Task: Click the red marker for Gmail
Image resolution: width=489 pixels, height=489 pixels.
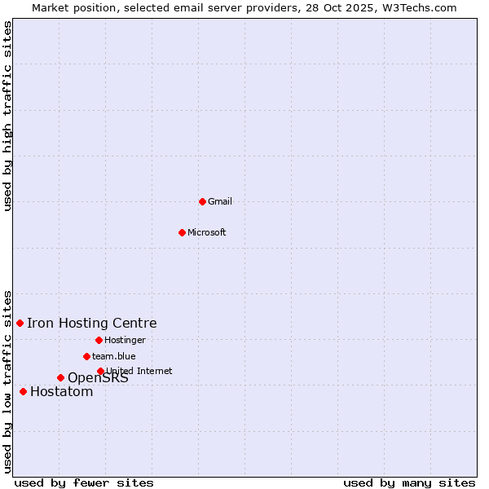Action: (x=202, y=201)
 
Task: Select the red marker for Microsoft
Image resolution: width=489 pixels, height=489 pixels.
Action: (x=182, y=232)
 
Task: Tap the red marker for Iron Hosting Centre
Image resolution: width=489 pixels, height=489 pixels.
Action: (x=20, y=324)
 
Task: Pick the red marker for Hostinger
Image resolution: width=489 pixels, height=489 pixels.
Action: (x=99, y=340)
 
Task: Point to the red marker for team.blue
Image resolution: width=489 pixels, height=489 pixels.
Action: (x=86, y=356)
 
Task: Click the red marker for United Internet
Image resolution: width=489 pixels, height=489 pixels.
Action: (x=100, y=371)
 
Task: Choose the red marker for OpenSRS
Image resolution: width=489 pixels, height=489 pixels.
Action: (x=60, y=377)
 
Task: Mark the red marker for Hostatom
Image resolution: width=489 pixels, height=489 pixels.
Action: (x=23, y=392)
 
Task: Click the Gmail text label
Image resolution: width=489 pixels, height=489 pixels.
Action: (x=220, y=202)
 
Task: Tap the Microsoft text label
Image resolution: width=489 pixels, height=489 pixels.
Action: (x=207, y=233)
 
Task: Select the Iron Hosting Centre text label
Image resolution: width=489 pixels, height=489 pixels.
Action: (x=91, y=324)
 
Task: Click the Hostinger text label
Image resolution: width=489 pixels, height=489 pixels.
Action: (x=125, y=341)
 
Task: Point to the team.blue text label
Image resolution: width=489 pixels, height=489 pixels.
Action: (x=114, y=357)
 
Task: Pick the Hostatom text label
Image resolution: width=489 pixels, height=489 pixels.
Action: (x=62, y=392)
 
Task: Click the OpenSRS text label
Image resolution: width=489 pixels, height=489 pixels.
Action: (x=98, y=378)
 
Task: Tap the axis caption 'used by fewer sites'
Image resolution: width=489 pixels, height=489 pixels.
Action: (x=84, y=482)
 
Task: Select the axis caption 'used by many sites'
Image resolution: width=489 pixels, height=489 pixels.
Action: (x=409, y=482)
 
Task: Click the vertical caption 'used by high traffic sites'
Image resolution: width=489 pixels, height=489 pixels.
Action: (x=8, y=116)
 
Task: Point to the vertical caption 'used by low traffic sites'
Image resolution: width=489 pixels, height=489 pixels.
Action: (x=8, y=381)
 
